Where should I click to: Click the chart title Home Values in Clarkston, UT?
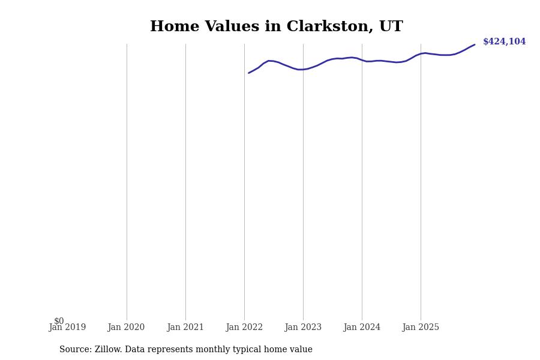(x=276, y=27)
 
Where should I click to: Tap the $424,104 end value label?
(x=504, y=42)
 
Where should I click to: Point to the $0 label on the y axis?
(x=59, y=321)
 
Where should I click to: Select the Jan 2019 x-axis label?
(x=67, y=328)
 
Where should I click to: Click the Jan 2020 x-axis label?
(x=126, y=328)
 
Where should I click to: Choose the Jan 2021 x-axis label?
(x=185, y=328)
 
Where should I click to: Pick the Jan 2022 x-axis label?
(x=244, y=328)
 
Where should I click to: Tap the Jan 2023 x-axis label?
(x=303, y=328)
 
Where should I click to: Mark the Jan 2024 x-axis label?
(x=362, y=328)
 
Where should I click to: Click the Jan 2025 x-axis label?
(x=421, y=328)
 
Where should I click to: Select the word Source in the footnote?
(x=74, y=350)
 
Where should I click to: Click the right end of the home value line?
(x=474, y=44)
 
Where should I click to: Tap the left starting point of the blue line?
(x=249, y=73)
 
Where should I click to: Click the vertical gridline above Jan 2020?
(x=127, y=180)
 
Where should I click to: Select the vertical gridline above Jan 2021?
(x=185, y=180)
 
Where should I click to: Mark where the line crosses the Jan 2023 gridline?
(x=303, y=69)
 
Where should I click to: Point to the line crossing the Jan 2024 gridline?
(x=362, y=60)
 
